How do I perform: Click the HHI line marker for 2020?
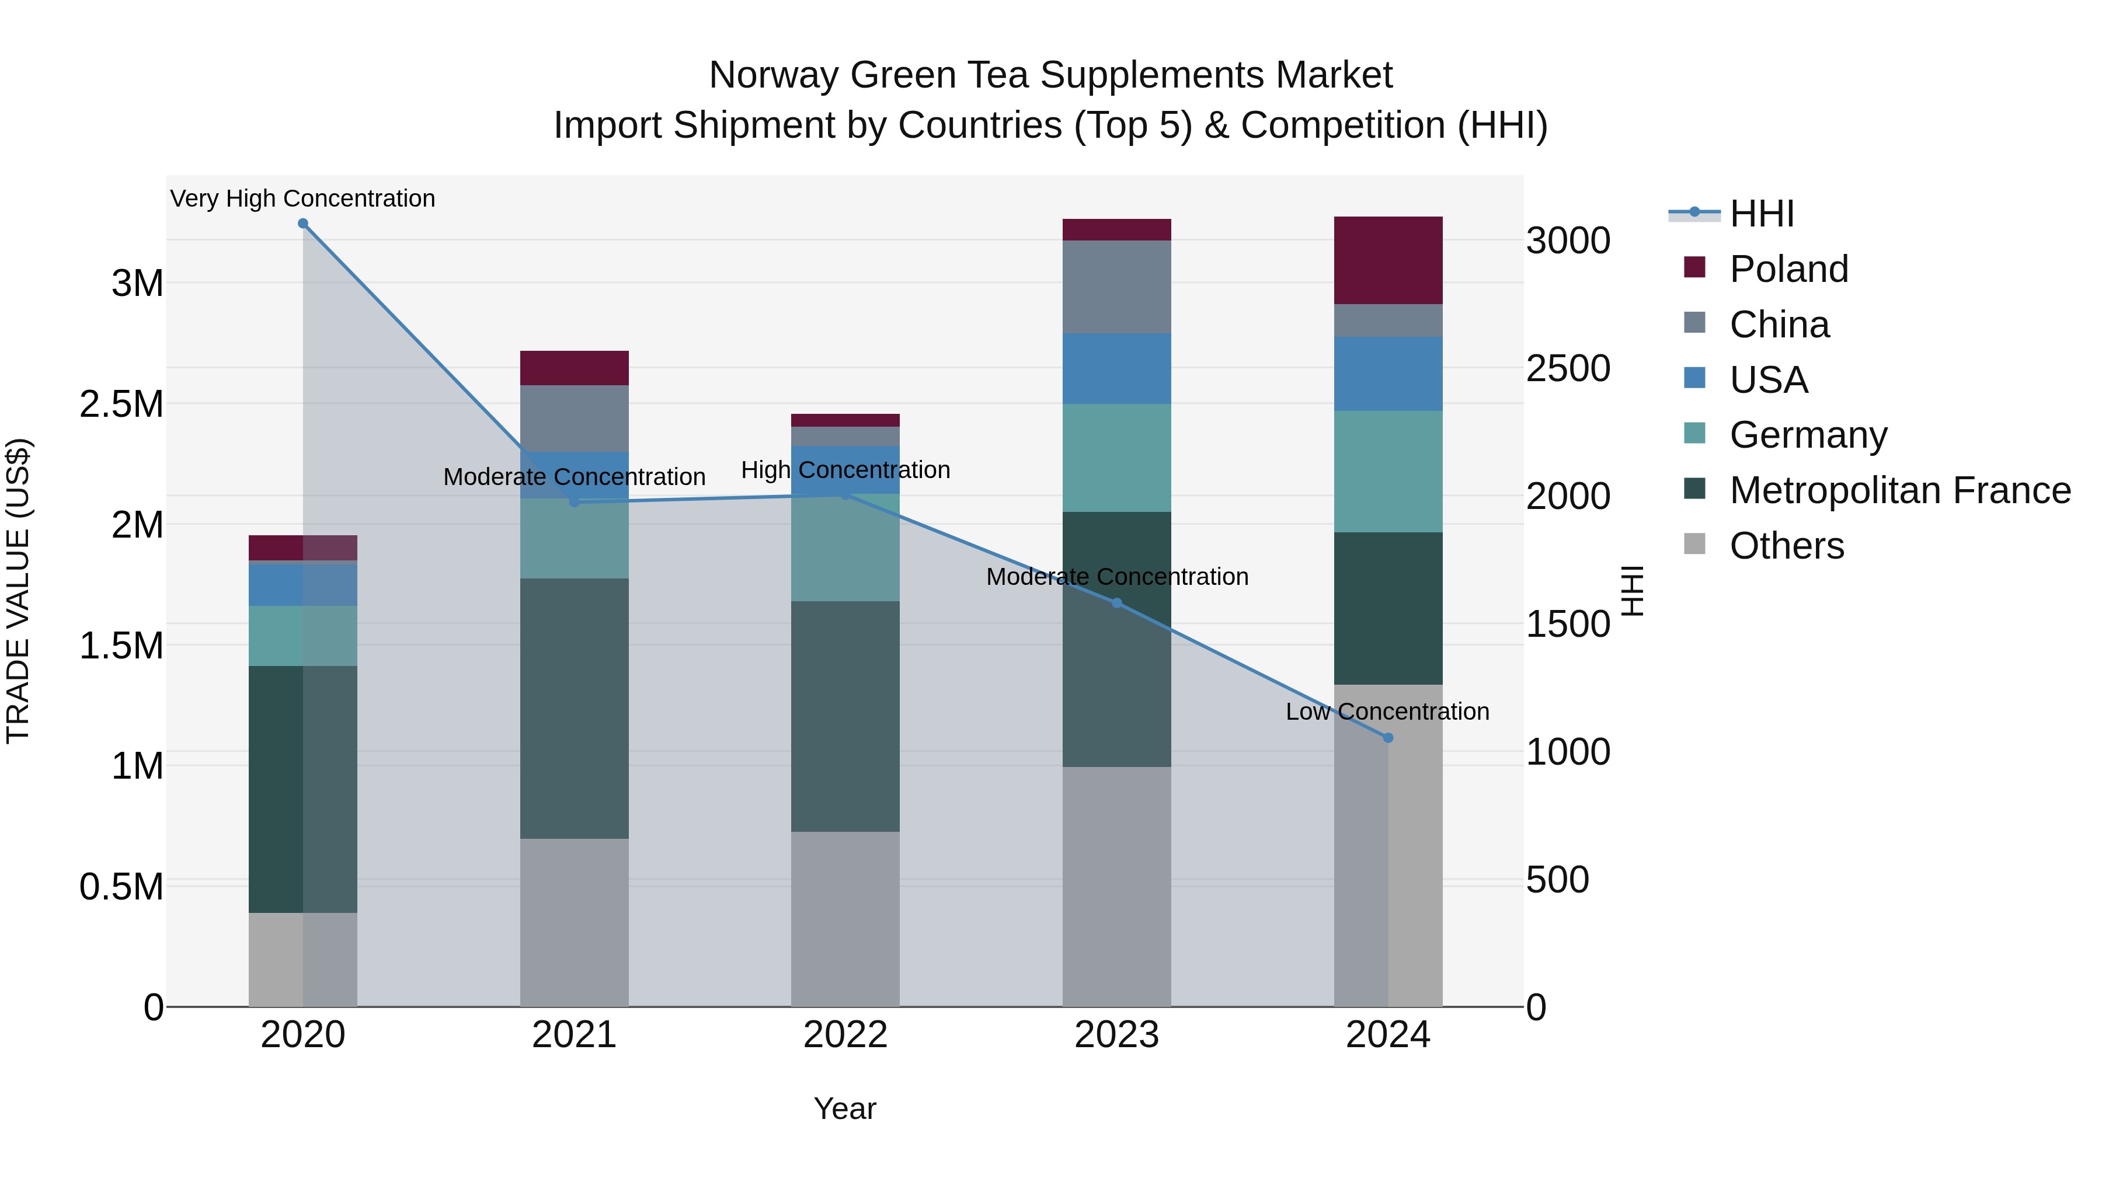[x=302, y=224]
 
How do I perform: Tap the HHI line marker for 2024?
[x=1388, y=737]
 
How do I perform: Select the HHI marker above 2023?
[x=1117, y=603]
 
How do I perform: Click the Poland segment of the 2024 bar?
[x=1388, y=260]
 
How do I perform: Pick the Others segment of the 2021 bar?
[x=575, y=922]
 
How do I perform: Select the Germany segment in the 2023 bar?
[x=1116, y=458]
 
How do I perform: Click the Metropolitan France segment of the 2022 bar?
[x=845, y=716]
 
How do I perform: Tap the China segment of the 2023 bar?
[x=1116, y=287]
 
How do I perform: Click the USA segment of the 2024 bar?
[x=1388, y=374]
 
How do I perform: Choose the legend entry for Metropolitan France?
[x=1899, y=490]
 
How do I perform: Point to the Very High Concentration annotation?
[x=302, y=198]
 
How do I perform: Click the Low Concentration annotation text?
[x=1387, y=712]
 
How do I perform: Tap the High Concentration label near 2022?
[x=845, y=470]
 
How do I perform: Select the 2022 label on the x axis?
[x=845, y=1035]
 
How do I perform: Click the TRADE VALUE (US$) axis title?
[x=18, y=591]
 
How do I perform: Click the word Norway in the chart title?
[x=774, y=75]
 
